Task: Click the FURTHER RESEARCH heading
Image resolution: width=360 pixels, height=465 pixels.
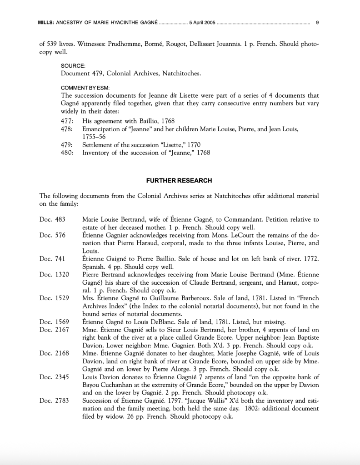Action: tap(179, 180)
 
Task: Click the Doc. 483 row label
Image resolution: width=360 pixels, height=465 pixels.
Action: tap(52, 220)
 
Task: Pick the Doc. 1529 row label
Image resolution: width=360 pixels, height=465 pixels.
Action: tap(54, 298)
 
